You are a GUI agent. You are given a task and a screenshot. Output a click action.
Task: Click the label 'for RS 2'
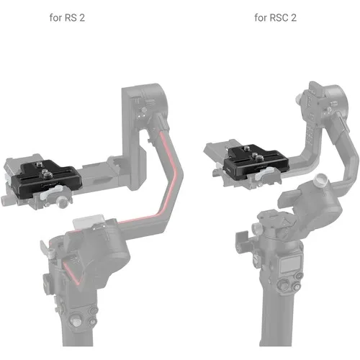67,18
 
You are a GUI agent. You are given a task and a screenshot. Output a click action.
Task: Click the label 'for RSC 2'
275,18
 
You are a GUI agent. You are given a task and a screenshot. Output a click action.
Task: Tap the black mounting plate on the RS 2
46,179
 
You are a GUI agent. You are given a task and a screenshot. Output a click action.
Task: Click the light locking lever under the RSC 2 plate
265,174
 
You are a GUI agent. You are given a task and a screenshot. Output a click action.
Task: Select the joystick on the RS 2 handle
74,320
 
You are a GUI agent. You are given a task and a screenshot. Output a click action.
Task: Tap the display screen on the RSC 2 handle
290,264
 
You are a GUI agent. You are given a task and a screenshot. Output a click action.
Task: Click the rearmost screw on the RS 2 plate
38,165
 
